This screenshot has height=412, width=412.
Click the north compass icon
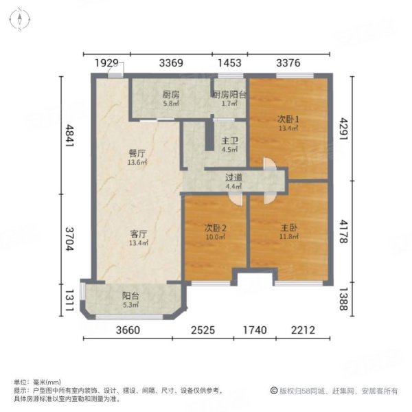21,19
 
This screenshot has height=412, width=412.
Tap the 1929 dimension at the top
106,62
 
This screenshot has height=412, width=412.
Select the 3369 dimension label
171,62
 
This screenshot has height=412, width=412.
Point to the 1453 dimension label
229,62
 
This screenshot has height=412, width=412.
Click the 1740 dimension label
255,330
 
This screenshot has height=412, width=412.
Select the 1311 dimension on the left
69,299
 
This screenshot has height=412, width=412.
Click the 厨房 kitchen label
170,95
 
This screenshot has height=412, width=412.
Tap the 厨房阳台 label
229,95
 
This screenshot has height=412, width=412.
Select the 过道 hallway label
233,176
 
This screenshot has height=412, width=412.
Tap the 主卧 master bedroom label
288,227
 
